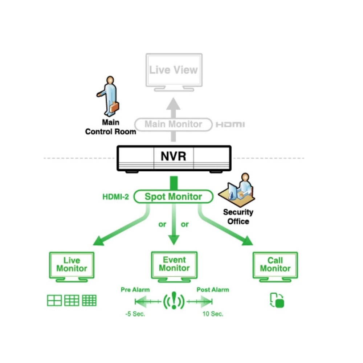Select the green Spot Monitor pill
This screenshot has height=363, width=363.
[173, 197]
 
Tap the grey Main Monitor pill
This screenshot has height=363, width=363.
[173, 124]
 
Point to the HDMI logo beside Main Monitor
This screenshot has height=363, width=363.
[230, 125]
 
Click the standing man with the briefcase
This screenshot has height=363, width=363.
[109, 95]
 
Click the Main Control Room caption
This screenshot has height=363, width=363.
[110, 127]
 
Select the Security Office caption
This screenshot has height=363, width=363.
[238, 217]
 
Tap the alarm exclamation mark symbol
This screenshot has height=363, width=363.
[174, 301]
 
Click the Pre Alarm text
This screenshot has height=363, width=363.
[135, 290]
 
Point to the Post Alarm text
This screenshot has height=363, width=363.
[213, 290]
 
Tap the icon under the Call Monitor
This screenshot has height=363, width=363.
[277, 301]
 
